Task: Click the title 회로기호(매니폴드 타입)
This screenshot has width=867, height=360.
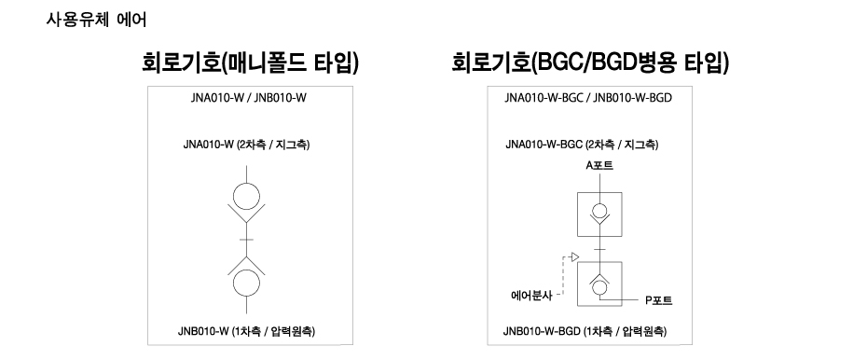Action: click(250, 63)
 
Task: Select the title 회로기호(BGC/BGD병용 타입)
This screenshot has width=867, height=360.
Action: click(589, 63)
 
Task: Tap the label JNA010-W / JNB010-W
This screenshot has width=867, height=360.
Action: click(247, 97)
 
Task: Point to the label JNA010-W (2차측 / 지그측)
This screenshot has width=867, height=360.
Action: click(247, 145)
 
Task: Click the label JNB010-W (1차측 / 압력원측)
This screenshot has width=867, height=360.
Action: click(247, 331)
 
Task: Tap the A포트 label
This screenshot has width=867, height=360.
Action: click(599, 165)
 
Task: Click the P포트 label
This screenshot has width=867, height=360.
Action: click(659, 300)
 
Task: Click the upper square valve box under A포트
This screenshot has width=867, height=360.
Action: click(599, 215)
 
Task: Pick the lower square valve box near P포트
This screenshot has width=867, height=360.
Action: click(599, 283)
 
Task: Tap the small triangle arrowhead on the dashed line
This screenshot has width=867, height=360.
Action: click(576, 256)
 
